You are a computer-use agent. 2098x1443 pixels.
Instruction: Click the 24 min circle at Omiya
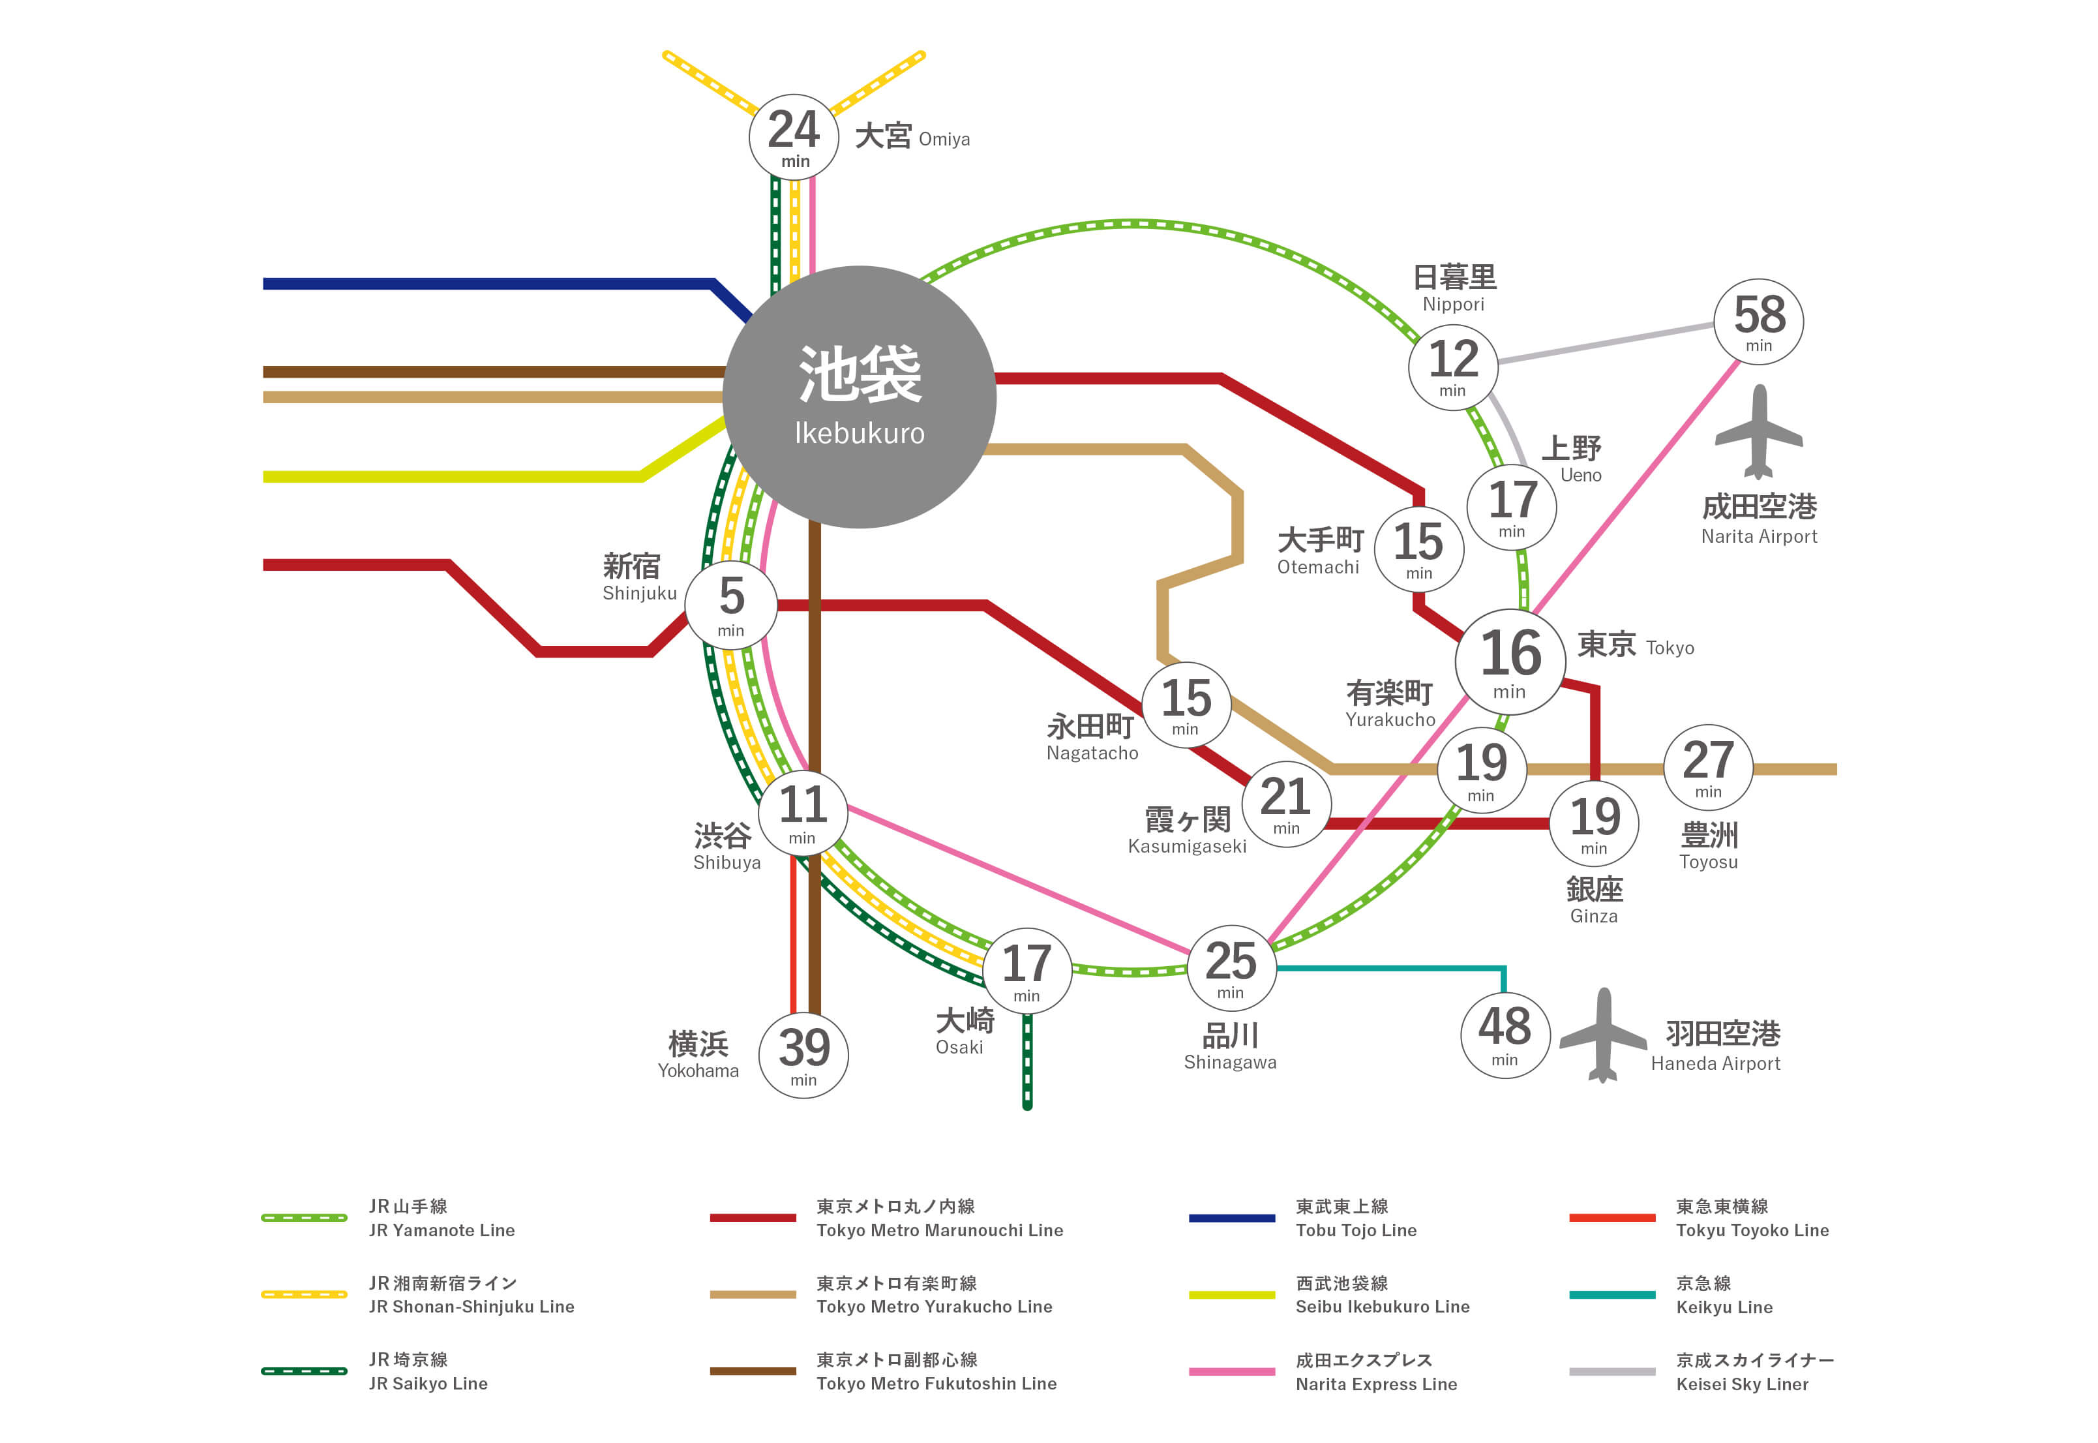tap(794, 138)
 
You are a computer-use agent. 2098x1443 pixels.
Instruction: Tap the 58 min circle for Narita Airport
tap(1758, 322)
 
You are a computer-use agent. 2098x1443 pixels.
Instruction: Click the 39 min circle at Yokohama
tap(803, 1055)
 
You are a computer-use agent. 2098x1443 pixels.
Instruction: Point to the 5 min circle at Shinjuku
tap(731, 605)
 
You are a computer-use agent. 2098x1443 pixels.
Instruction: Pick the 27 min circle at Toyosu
tap(1707, 768)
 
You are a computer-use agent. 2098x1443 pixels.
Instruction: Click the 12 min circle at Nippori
tap(1452, 366)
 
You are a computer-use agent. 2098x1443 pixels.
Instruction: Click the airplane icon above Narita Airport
tap(1758, 432)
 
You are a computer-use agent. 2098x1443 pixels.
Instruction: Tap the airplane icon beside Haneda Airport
tap(1602, 1035)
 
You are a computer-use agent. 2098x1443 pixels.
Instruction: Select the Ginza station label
tap(1594, 900)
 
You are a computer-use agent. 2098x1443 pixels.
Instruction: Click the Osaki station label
tap(963, 1031)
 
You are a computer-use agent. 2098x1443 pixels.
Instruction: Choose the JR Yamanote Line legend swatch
tap(304, 1218)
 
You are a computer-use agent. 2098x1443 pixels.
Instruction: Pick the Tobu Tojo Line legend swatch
tap(1231, 1218)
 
